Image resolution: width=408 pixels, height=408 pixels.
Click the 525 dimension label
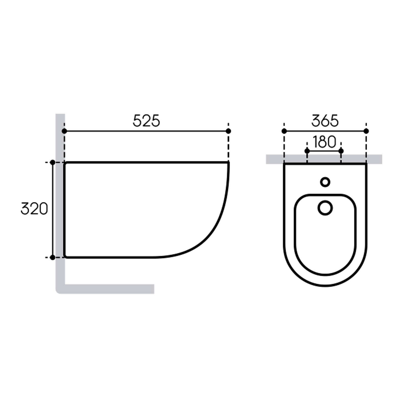(x=146, y=121)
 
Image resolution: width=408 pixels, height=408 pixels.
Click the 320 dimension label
(x=34, y=209)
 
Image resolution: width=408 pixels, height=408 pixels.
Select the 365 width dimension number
(x=325, y=121)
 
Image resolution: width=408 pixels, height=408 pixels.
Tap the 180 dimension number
(x=324, y=142)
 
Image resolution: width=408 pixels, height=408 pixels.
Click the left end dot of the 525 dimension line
(x=64, y=131)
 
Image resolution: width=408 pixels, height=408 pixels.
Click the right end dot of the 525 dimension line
(x=228, y=131)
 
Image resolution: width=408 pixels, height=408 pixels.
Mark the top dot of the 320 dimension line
(x=53, y=162)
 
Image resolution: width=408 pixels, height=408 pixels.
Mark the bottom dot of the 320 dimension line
(x=53, y=258)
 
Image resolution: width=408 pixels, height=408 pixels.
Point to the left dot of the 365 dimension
(x=284, y=131)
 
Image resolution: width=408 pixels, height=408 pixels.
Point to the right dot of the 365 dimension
(x=366, y=131)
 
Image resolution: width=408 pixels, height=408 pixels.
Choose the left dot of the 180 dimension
(x=307, y=151)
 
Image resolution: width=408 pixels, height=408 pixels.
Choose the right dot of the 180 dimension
(x=341, y=151)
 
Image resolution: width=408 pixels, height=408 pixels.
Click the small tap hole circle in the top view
(x=325, y=182)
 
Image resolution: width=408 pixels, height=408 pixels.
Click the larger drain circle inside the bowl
(x=325, y=208)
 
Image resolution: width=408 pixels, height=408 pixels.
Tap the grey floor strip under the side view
(x=110, y=289)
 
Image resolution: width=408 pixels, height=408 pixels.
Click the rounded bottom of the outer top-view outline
(x=325, y=286)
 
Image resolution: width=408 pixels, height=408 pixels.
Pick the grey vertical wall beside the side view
(x=60, y=204)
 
